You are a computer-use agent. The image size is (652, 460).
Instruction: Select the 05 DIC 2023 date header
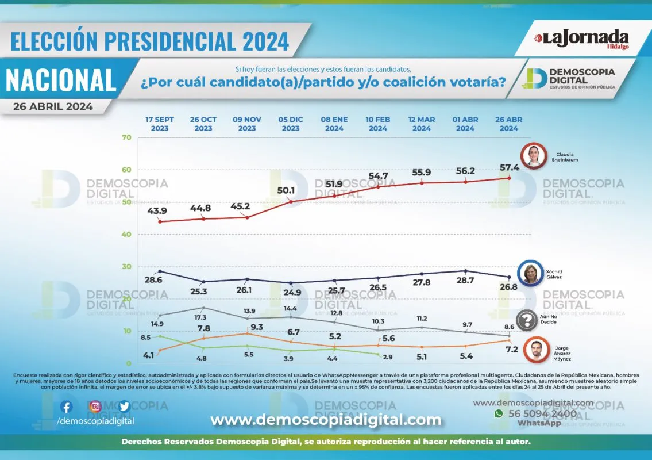click(x=291, y=124)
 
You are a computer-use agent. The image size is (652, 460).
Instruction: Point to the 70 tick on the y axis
click(x=127, y=137)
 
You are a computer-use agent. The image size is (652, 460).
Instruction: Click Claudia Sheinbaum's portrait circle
click(x=533, y=157)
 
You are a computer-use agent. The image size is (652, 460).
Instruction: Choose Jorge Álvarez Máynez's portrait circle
click(x=535, y=350)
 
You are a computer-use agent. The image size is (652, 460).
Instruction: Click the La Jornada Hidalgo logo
click(x=582, y=39)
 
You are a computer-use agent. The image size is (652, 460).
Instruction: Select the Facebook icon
click(x=67, y=407)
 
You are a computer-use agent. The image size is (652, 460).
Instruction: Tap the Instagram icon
click(x=95, y=407)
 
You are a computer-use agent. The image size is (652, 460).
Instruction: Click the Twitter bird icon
click(x=124, y=407)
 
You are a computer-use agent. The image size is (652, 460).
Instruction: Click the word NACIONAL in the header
click(x=61, y=80)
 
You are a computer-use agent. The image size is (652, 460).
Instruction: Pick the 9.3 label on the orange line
click(x=257, y=327)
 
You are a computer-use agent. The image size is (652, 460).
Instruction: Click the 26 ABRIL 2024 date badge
click(x=53, y=106)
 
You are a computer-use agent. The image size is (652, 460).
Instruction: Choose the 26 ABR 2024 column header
click(x=509, y=124)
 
